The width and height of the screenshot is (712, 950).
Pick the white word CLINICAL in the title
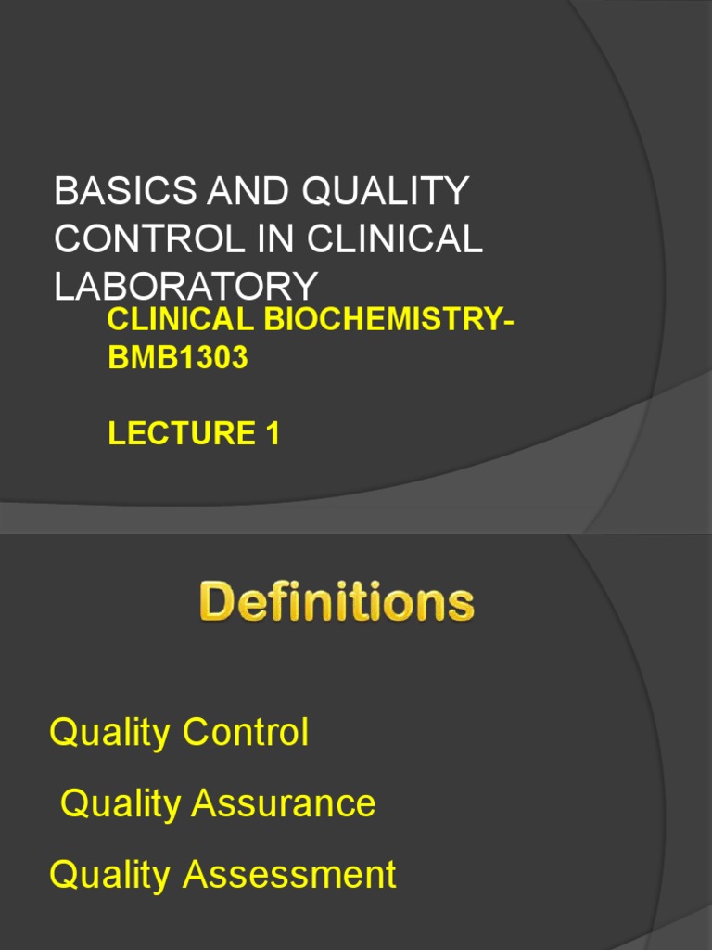(395, 238)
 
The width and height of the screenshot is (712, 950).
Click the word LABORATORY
(185, 285)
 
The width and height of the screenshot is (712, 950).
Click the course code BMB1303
(178, 358)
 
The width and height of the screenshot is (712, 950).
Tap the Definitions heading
(336, 603)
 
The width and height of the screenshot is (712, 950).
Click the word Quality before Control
(109, 734)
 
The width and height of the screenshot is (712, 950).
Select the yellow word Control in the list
(245, 733)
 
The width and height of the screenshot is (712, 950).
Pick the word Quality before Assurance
(121, 804)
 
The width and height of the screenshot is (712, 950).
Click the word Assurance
(283, 803)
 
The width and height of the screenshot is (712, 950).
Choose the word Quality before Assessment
(109, 876)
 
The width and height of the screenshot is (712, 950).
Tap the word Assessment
(289, 875)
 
